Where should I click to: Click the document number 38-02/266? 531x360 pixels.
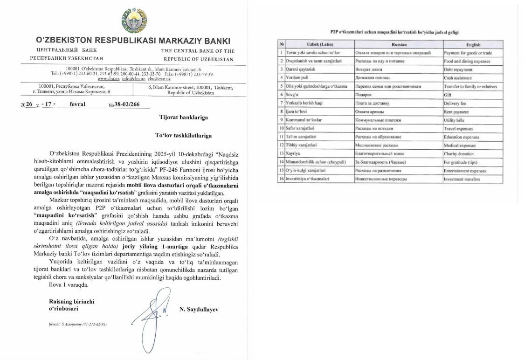pos(131,105)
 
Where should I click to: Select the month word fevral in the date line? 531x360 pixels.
pos(77,104)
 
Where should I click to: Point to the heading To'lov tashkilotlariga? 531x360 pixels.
pos(183,135)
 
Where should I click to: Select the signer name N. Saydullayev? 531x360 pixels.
pos(199,309)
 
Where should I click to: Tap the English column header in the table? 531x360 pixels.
pos(473,45)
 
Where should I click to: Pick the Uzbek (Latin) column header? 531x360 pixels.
pos(319,45)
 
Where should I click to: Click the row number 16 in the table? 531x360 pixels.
pos(282,179)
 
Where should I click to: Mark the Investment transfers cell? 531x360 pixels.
pos(462,179)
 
